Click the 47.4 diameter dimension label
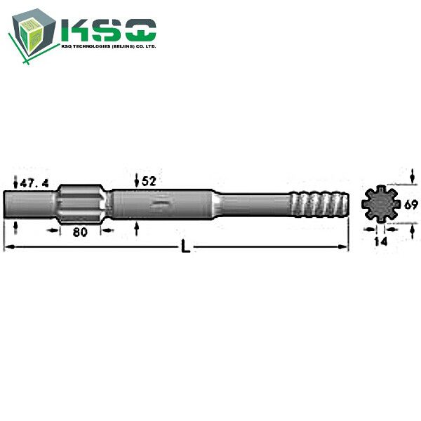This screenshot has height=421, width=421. click(x=34, y=183)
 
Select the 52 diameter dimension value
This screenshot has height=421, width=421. click(x=149, y=181)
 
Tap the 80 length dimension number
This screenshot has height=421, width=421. click(x=80, y=232)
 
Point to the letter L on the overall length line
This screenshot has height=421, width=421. click(x=185, y=246)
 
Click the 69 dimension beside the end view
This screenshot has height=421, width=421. click(x=411, y=205)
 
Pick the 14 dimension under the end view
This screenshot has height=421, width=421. click(x=381, y=241)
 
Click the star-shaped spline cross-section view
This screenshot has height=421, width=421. click(x=380, y=203)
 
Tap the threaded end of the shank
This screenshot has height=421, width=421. click(x=320, y=205)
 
